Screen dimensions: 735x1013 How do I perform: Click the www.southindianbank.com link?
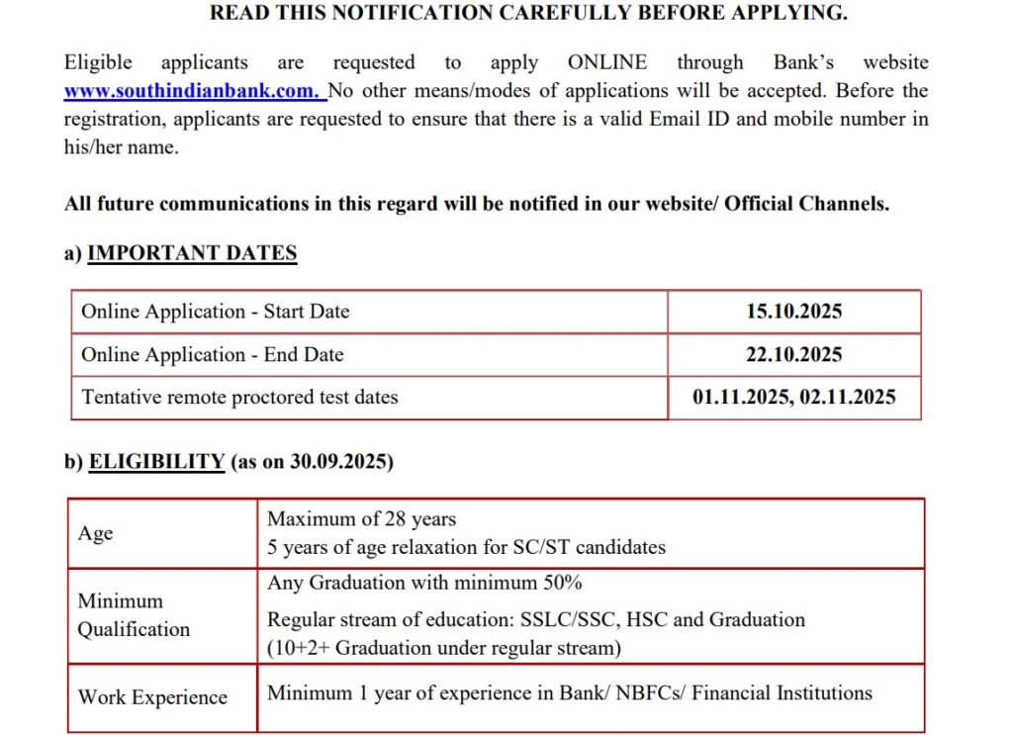(x=192, y=91)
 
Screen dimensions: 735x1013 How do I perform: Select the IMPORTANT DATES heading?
(x=192, y=252)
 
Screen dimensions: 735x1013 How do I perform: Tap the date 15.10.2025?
(x=793, y=312)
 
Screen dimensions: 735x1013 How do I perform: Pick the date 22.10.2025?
(x=793, y=354)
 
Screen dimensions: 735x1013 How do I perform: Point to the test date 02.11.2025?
(x=845, y=398)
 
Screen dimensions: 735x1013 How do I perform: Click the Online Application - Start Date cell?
(x=215, y=312)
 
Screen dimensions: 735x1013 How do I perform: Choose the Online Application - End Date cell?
(x=212, y=354)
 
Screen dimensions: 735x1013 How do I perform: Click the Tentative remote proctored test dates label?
(x=239, y=398)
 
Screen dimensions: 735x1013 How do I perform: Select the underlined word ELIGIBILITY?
(x=156, y=461)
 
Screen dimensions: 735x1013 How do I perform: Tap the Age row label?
(x=95, y=533)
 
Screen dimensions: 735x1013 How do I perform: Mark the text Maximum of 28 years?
(x=361, y=518)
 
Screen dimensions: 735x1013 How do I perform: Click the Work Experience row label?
(x=152, y=697)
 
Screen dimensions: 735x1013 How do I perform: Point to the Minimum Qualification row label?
(x=134, y=614)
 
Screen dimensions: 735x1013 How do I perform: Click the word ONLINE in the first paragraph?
(x=606, y=62)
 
